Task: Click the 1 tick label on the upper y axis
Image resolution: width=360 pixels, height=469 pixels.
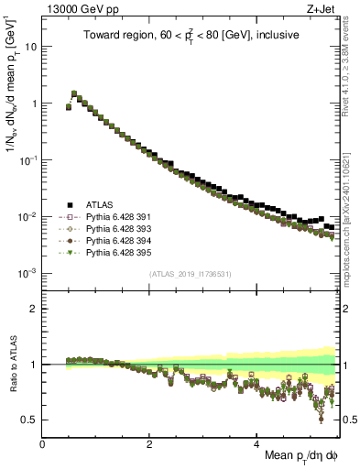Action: pyautogui.click(x=34, y=103)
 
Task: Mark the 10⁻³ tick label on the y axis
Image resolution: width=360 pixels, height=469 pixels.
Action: pyautogui.click(x=27, y=274)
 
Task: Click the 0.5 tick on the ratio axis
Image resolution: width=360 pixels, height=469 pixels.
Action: pyautogui.click(x=30, y=420)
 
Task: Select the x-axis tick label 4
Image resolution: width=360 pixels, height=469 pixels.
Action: pyautogui.click(x=256, y=443)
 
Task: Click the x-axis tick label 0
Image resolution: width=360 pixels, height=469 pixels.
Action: pyautogui.click(x=43, y=443)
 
